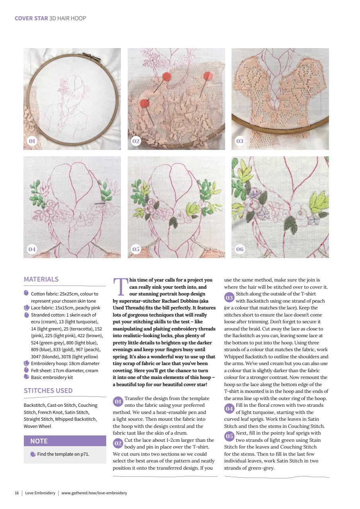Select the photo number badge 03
[240, 141]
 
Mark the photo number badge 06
[240, 249]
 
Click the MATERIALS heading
[41, 279]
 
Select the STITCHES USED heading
[48, 390]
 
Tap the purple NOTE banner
[65, 441]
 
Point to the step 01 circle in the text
[118, 402]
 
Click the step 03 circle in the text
[230, 297]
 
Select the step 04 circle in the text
[230, 408]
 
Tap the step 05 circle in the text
[230, 436]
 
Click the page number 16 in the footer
[17, 493]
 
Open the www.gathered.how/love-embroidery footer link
[94, 493]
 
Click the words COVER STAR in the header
[31, 18]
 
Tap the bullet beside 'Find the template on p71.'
[33, 454]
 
